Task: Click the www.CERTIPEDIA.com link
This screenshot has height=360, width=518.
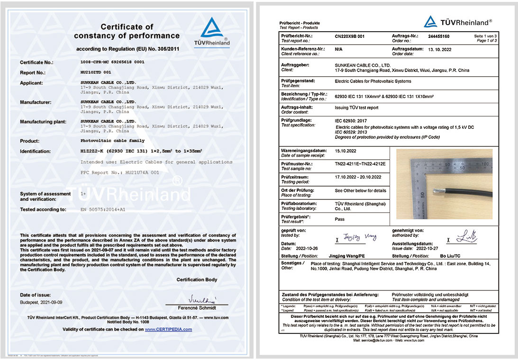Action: pos(168,329)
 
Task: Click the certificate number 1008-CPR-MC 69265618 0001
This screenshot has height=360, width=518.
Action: pos(113,62)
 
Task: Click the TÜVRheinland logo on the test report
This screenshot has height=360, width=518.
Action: pos(458,22)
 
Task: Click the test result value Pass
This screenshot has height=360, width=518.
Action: pos(339,220)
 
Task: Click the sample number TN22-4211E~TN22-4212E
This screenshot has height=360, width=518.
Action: pos(360,164)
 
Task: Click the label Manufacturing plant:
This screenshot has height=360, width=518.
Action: pos(43,122)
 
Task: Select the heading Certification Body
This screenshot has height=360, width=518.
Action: pos(197,279)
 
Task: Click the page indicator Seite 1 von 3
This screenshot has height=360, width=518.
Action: pos(485,36)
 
